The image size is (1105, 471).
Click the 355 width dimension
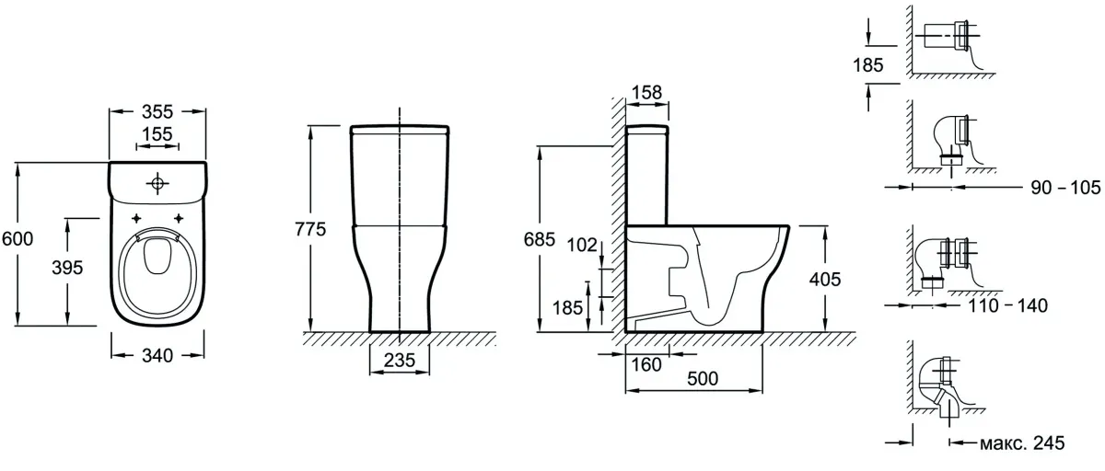(x=157, y=112)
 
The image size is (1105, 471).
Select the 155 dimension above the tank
(x=157, y=134)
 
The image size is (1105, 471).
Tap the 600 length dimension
(x=17, y=239)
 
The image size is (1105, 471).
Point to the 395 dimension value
(x=67, y=268)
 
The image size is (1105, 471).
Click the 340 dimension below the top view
(x=157, y=356)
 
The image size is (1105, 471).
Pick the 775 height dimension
(x=310, y=230)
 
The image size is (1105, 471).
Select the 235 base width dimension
(x=400, y=361)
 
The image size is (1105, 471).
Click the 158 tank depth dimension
(x=646, y=93)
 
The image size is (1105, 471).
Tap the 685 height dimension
(x=540, y=239)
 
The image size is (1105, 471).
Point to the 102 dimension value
(x=582, y=245)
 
